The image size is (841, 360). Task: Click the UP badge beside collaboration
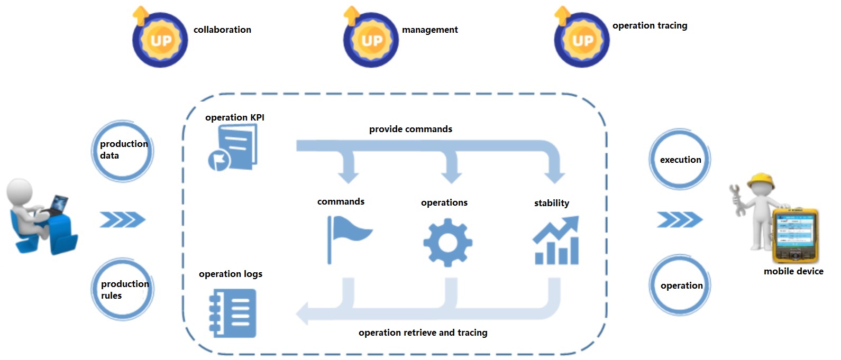[160, 40]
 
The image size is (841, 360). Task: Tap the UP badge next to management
[371, 40]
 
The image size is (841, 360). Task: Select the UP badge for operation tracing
[582, 40]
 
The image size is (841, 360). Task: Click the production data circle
[123, 151]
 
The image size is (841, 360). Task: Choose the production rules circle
[123, 289]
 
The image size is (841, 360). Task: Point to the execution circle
[680, 159]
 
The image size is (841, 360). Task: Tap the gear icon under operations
[447, 243]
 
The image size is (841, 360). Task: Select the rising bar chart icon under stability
[556, 241]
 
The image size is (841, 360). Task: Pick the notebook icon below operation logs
[233, 313]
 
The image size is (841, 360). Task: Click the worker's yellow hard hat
[761, 180]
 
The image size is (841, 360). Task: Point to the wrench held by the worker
[736, 199]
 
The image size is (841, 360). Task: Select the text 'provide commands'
[410, 129]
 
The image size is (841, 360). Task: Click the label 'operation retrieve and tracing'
[423, 333]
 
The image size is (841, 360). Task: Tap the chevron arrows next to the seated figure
[122, 219]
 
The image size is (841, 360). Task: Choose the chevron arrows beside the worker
[680, 219]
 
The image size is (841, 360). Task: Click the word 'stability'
[552, 203]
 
